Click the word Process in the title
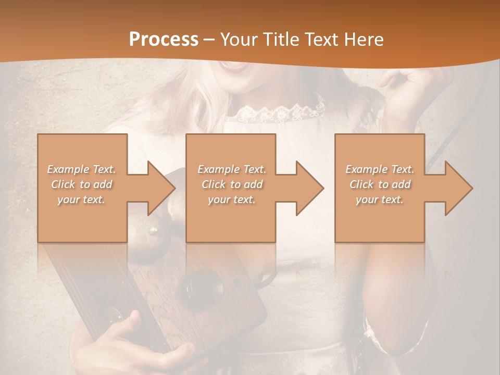click(x=164, y=40)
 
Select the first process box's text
click(x=81, y=184)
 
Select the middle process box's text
click(x=231, y=184)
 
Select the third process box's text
click(x=380, y=184)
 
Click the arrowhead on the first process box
click(x=161, y=188)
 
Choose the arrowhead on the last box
click(x=458, y=188)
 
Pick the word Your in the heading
click(x=239, y=40)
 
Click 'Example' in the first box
click(x=68, y=169)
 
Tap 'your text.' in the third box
click(x=380, y=199)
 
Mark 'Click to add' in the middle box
click(x=231, y=184)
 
